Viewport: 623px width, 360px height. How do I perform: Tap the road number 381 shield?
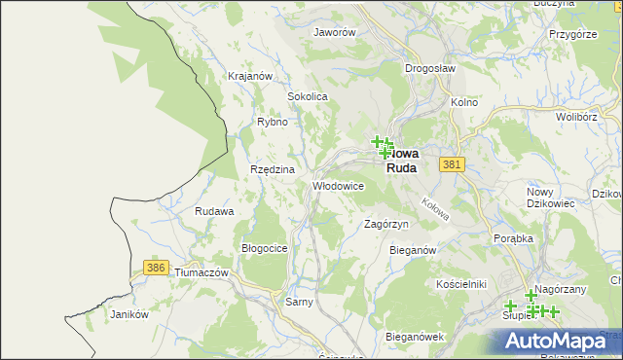[450, 165]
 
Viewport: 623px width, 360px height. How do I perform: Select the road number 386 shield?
[154, 267]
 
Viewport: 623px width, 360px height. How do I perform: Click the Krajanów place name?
[248, 76]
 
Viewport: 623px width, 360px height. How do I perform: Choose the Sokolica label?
[307, 97]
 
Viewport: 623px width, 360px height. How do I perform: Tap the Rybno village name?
[272, 123]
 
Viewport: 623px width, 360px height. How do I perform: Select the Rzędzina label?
[272, 169]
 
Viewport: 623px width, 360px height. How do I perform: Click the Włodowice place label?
[338, 185]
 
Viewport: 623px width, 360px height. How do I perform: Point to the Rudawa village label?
[214, 211]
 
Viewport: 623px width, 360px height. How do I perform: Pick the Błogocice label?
[264, 248]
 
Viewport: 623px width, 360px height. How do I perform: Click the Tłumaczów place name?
[201, 273]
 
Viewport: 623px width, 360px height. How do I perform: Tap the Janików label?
[128, 314]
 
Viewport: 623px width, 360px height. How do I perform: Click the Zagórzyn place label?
[385, 224]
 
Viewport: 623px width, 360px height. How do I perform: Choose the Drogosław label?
[429, 69]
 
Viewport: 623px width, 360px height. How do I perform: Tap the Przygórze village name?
[572, 33]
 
